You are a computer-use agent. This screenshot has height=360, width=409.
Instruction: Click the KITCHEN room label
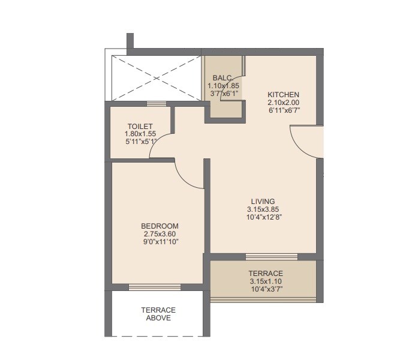tap(283, 95)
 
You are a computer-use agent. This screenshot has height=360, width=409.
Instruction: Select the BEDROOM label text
tap(160, 226)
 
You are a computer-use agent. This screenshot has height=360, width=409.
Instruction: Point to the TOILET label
tap(136, 126)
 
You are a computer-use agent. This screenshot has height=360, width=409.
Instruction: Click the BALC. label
tap(223, 78)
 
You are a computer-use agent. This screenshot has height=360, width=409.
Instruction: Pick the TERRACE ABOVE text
tap(158, 314)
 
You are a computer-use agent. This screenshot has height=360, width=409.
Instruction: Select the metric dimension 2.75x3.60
tap(160, 233)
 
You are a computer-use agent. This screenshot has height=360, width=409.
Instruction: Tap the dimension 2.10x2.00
tap(283, 103)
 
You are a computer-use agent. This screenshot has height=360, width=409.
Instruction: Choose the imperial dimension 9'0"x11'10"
tap(160, 241)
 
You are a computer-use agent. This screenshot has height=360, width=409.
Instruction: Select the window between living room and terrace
tap(271, 256)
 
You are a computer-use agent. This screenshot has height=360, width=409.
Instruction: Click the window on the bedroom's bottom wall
tap(154, 287)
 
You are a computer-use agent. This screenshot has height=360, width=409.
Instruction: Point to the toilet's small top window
tap(157, 103)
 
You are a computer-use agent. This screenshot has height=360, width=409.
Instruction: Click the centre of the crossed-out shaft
tap(156, 78)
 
